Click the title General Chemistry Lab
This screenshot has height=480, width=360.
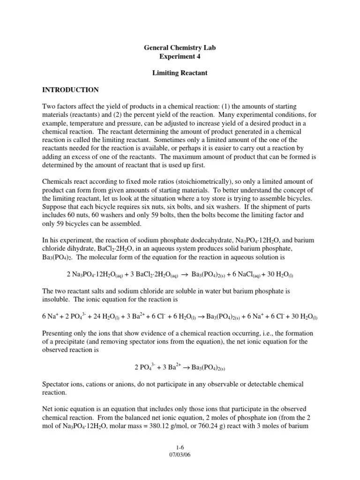point(180,48)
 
